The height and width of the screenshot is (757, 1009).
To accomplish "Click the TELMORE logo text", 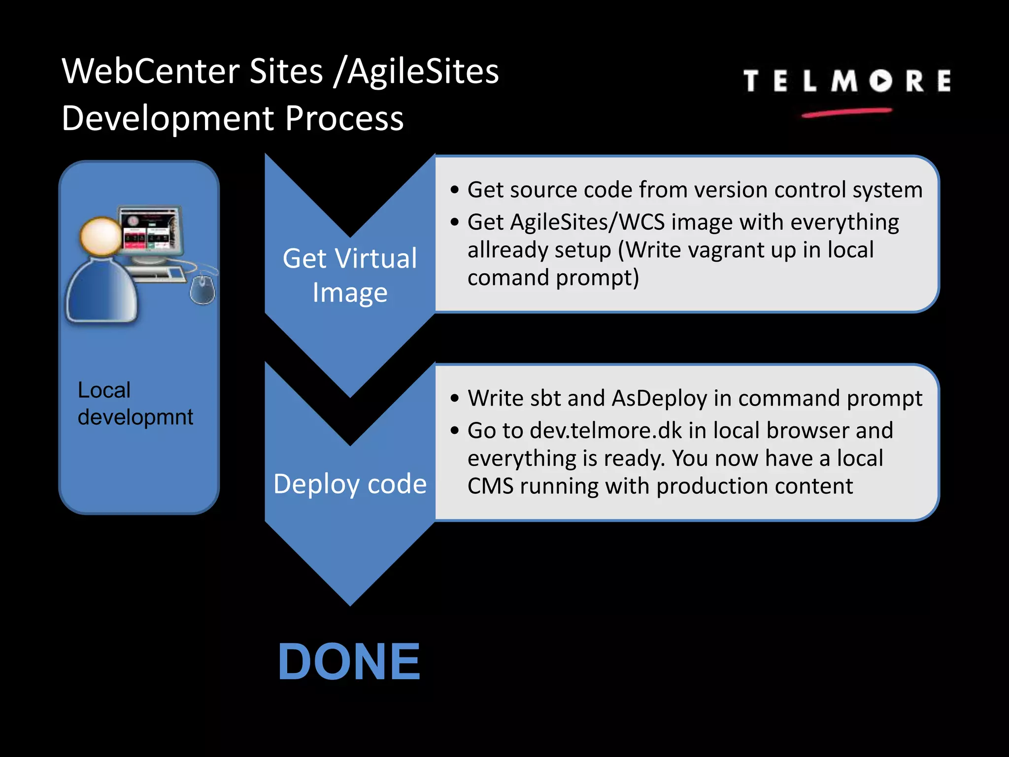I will click(846, 81).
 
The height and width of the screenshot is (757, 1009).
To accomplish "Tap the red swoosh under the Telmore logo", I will click(846, 113).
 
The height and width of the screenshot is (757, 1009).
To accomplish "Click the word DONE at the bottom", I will click(349, 662).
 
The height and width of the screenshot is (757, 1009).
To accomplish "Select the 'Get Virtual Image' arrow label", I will click(350, 275).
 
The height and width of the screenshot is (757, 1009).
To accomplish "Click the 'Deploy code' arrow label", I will click(350, 484).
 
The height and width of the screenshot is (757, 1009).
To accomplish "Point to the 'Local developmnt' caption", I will click(135, 404).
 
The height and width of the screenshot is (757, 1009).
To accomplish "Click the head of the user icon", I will click(101, 236).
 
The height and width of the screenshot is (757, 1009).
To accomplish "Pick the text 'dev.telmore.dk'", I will click(606, 431).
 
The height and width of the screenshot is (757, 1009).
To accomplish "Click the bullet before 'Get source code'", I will click(454, 190).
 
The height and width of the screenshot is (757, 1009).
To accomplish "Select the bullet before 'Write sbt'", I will click(454, 399).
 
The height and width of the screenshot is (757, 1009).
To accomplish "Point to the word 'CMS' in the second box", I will click(490, 486).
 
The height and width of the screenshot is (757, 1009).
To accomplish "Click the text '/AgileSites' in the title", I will click(416, 71).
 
